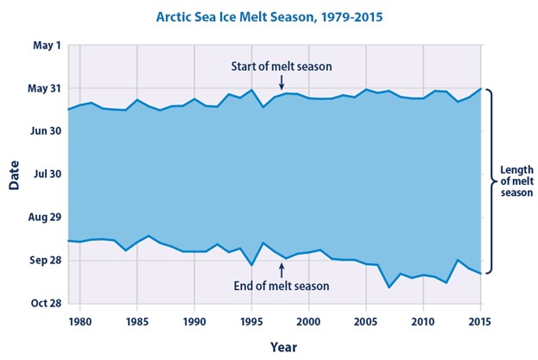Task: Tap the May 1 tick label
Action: tap(47, 45)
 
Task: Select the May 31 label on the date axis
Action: tap(44, 88)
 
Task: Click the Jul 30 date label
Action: tap(46, 174)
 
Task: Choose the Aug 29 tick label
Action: tap(44, 217)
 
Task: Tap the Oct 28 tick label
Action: tap(45, 303)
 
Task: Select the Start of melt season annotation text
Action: tap(282, 66)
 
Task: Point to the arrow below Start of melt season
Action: tap(282, 81)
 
